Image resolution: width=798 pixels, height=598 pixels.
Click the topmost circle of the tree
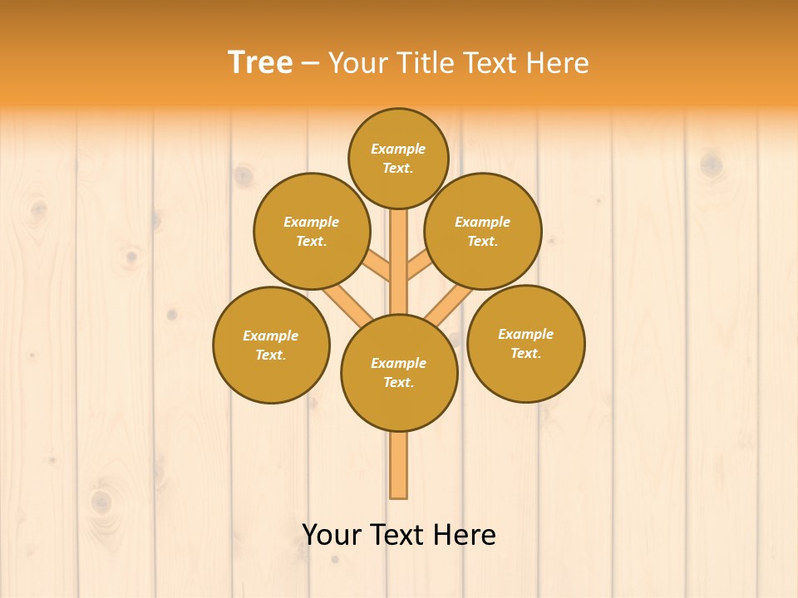tap(398, 158)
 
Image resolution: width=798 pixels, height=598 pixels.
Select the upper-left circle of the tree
tap(312, 231)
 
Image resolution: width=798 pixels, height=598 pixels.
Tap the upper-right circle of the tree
tap(483, 231)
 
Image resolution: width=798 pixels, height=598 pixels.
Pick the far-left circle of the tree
tap(271, 345)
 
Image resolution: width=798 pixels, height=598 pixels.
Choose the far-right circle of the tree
tap(526, 343)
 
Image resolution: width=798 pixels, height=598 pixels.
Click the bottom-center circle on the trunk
tap(399, 373)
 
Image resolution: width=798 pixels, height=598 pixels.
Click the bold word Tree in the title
tap(260, 62)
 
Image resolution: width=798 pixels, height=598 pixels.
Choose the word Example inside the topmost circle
tap(398, 149)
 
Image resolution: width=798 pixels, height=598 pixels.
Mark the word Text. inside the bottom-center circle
tap(398, 383)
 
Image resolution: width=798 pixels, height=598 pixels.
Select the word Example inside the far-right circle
tap(525, 334)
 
